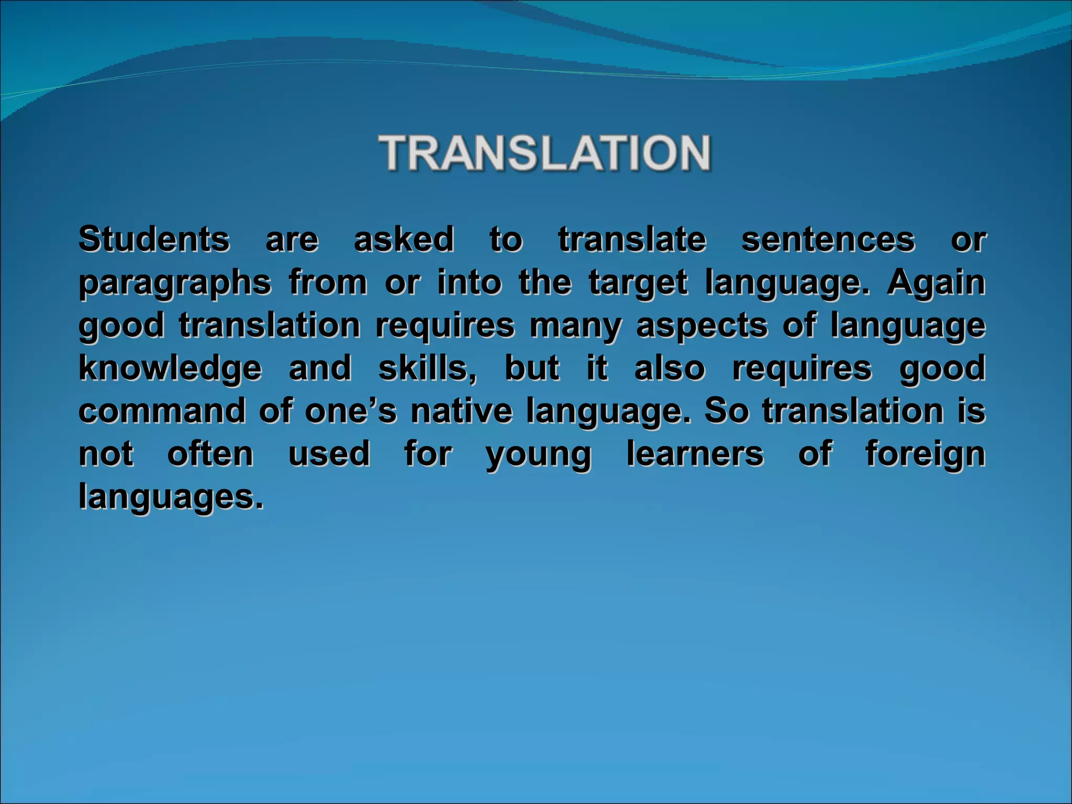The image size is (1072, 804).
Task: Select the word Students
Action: click(x=154, y=239)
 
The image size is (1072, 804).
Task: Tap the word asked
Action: click(x=404, y=239)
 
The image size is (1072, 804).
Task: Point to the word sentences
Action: click(x=828, y=239)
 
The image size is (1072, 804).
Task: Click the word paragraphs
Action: click(x=175, y=283)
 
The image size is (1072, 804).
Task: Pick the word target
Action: click(x=638, y=283)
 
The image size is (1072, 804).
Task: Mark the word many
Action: click(x=575, y=326)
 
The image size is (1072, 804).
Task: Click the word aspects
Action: click(x=702, y=326)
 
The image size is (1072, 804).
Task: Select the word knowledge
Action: click(x=170, y=368)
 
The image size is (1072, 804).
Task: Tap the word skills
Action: click(x=427, y=368)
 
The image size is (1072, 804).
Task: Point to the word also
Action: click(x=669, y=368)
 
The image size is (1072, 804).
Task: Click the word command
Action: click(x=162, y=411)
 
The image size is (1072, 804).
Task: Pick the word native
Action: click(x=461, y=411)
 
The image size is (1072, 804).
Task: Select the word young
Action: click(x=539, y=454)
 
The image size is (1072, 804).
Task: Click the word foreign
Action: click(x=925, y=454)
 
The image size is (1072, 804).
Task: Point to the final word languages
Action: click(x=171, y=497)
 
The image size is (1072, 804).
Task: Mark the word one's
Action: click(x=350, y=411)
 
